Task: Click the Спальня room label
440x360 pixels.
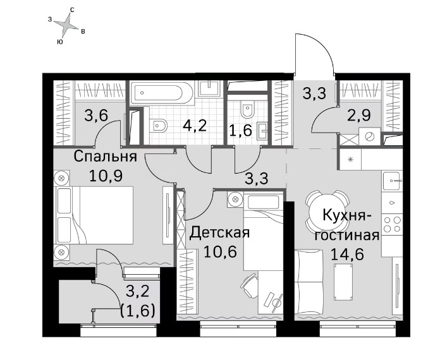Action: click(x=105, y=157)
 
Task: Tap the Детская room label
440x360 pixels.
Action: click(x=219, y=232)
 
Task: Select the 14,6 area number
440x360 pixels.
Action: click(x=348, y=255)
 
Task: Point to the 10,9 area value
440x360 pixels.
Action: click(x=106, y=176)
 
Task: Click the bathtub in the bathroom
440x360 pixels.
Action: click(x=162, y=93)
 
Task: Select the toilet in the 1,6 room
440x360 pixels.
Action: click(x=247, y=109)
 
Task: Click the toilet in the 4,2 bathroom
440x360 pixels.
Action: click(x=158, y=125)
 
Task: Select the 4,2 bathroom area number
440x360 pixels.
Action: click(x=195, y=126)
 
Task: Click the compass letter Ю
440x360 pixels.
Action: click(x=59, y=42)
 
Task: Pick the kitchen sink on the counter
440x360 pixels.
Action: click(x=393, y=181)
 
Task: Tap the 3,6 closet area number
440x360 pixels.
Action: click(x=96, y=115)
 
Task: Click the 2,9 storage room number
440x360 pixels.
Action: click(x=359, y=115)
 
